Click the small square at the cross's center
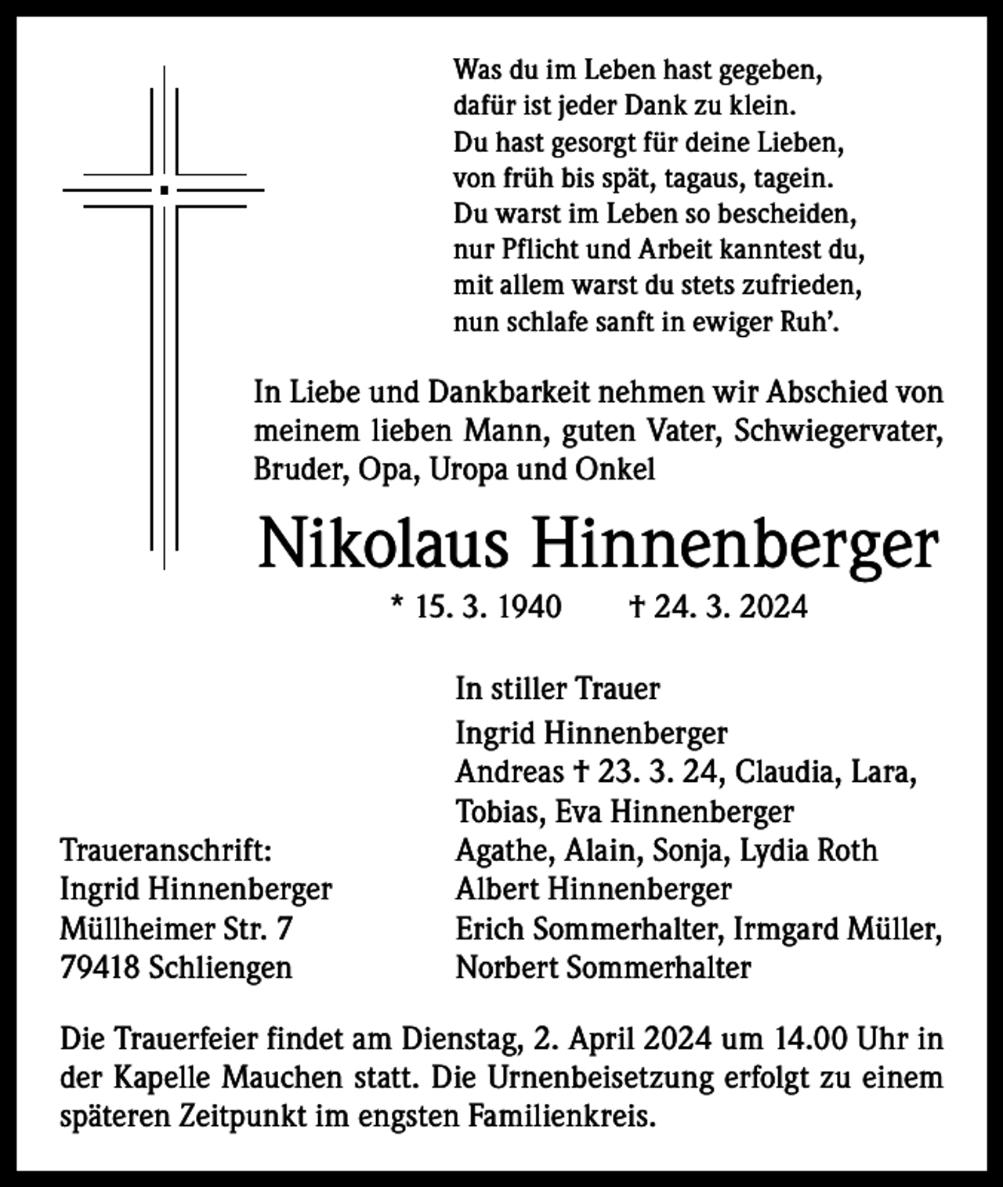coord(164,190)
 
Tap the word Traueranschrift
coord(166,850)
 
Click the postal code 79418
coord(100,968)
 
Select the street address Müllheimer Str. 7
coord(176,928)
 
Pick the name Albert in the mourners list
coord(498,889)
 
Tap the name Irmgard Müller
coord(837,928)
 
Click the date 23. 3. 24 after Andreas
coord(657,773)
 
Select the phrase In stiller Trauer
coord(557,689)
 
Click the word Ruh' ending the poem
coord(815,322)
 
